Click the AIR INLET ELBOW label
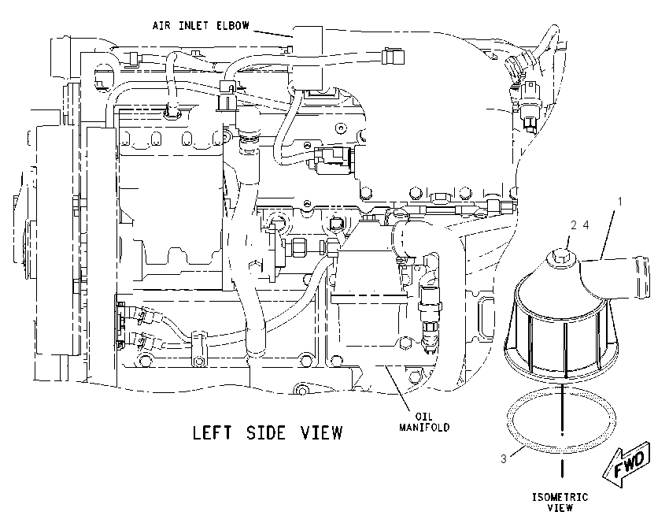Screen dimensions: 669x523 point(201,26)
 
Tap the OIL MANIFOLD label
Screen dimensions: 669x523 point(424,422)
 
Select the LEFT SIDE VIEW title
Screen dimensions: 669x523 point(268,433)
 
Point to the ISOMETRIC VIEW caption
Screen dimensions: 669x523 point(560,503)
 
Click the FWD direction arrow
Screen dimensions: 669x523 point(627,464)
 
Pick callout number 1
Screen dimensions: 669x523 point(620,201)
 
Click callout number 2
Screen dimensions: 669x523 point(574,225)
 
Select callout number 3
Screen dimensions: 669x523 point(504,459)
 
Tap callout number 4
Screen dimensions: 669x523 point(586,225)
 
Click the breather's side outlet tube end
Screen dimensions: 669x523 point(641,276)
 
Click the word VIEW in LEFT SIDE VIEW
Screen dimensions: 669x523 point(322,433)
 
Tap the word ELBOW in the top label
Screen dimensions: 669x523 point(233,26)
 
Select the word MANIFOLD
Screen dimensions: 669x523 point(424,427)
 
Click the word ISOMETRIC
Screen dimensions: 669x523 point(560,497)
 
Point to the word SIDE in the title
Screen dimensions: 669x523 point(265,433)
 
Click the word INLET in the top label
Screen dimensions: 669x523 point(194,26)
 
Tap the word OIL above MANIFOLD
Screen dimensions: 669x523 point(423,416)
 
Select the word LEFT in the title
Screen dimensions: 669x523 point(212,433)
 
